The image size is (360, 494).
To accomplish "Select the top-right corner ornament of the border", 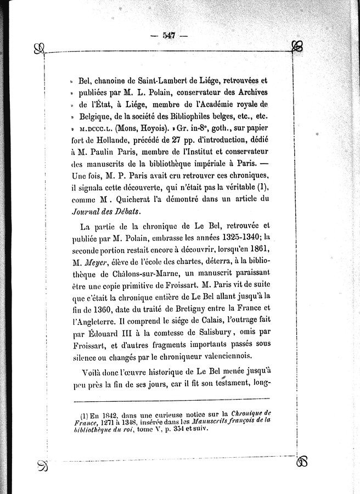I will pos(297,47).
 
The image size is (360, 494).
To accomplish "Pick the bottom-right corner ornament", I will pos(301,462).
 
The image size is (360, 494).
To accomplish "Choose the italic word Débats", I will pos(126,211).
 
